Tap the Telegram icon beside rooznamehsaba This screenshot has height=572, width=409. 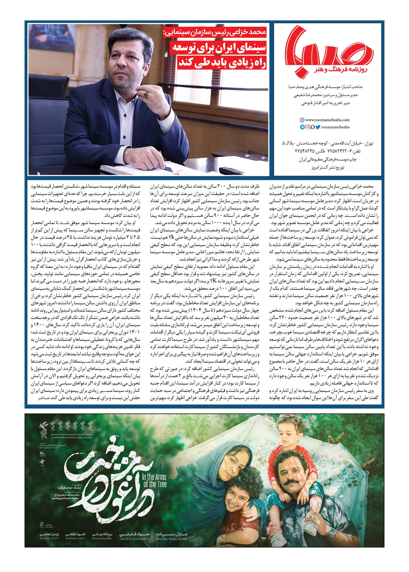pos(302,127)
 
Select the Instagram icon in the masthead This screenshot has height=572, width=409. pos(307,127)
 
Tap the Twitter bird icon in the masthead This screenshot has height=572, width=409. pos(318,127)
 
